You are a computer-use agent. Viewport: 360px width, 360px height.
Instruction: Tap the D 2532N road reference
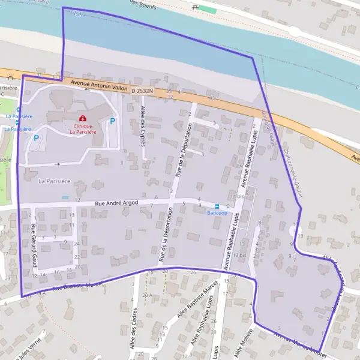pyautogui.click(x=142, y=91)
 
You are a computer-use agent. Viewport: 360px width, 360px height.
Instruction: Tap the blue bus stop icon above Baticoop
pyautogui.click(x=217, y=206)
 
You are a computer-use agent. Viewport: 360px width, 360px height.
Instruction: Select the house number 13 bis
pyautogui.click(x=239, y=255)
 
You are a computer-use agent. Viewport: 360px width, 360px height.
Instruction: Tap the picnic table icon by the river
pyautogui.click(x=194, y=8)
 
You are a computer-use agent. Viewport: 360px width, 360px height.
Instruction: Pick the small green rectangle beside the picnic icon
pyautogui.click(x=208, y=10)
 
